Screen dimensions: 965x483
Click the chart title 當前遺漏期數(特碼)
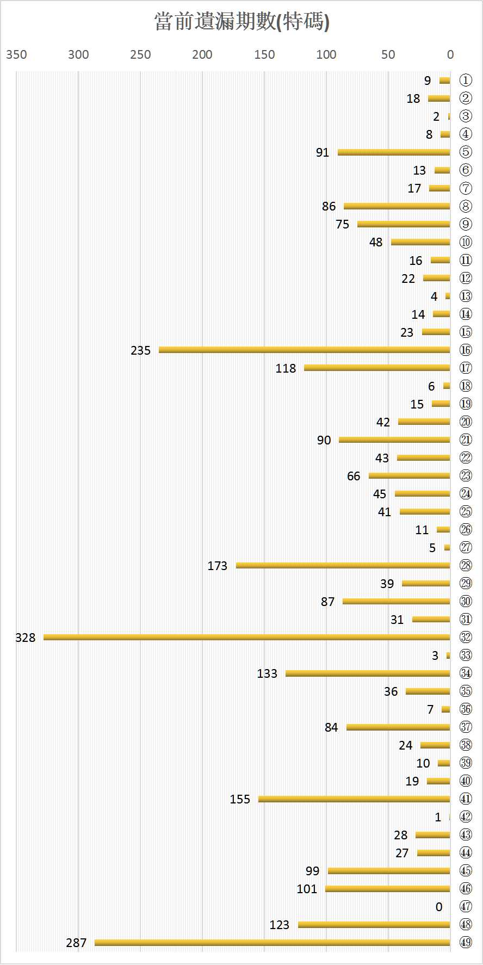coord(242,22)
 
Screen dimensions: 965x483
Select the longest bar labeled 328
coord(247,637)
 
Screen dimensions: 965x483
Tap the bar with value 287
coord(272,942)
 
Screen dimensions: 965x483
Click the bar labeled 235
coord(305,350)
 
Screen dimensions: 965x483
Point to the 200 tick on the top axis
coord(202,54)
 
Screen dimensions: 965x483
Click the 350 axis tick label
coord(16,54)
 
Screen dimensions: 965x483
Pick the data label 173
coord(217,566)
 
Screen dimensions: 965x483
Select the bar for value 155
coord(354,799)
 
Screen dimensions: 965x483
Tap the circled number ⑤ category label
coord(466,152)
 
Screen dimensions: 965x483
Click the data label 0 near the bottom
coord(439,907)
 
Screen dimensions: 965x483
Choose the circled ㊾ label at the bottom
coord(466,942)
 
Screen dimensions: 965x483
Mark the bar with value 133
coord(368,673)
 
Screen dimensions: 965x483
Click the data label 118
coord(286,368)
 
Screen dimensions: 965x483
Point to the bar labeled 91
coord(394,152)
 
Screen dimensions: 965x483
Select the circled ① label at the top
coord(466,81)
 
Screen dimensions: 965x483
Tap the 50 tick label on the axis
coord(388,54)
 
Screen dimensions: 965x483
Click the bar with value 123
coord(374,924)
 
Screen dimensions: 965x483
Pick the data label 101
coord(307,889)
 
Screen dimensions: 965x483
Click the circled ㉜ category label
coord(466,637)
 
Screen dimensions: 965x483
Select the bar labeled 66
coord(409,475)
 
